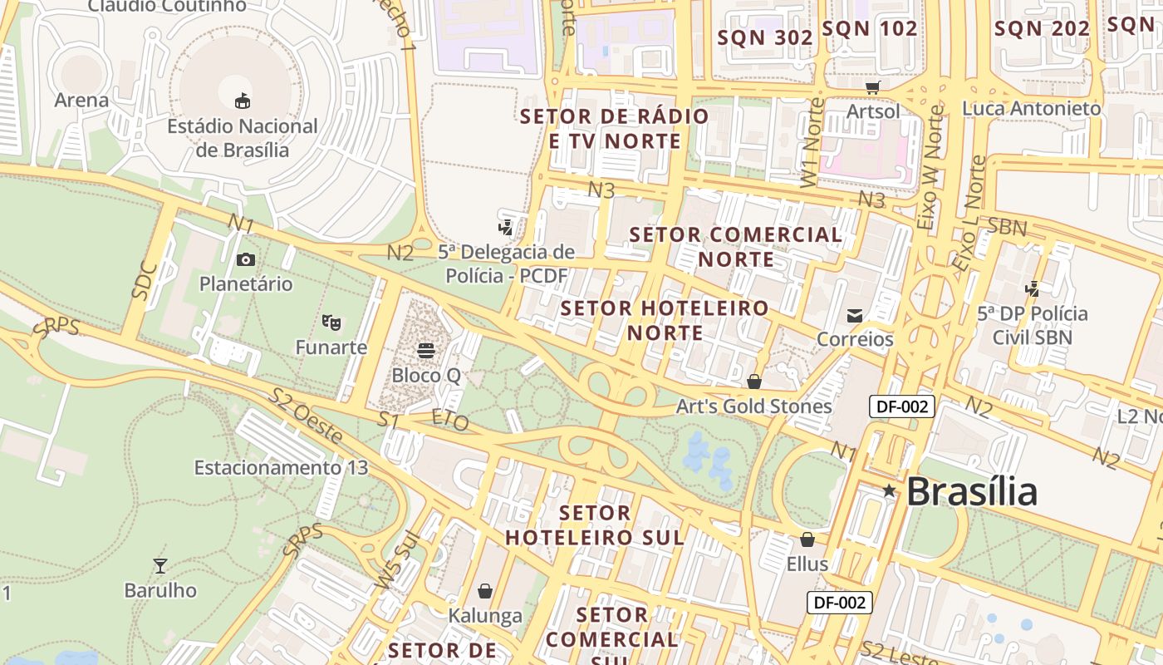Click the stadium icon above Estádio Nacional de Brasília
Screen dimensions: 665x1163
tap(242, 101)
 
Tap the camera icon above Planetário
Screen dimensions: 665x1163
tap(245, 259)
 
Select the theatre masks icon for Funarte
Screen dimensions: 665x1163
tap(331, 322)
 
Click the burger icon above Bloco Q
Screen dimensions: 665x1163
tap(426, 351)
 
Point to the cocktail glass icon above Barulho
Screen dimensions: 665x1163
tap(160, 566)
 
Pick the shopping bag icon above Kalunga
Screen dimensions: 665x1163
tap(485, 591)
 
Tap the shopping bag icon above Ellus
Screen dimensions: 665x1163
tap(807, 539)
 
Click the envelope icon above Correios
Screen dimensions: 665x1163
tap(855, 315)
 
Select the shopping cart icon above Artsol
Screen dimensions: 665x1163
tap(872, 86)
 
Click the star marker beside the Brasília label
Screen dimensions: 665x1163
tap(889, 491)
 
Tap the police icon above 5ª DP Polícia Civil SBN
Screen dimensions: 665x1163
tap(1032, 289)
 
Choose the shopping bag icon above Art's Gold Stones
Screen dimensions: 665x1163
tap(753, 382)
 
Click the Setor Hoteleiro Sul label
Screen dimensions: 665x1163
tap(595, 525)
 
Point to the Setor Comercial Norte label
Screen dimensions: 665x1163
tap(736, 247)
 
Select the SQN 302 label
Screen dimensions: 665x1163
tap(765, 37)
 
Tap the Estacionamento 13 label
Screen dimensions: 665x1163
tap(281, 468)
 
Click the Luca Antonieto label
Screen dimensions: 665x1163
tap(1032, 109)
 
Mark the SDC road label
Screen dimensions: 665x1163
tap(145, 280)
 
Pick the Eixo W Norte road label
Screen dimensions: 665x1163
tap(931, 167)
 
